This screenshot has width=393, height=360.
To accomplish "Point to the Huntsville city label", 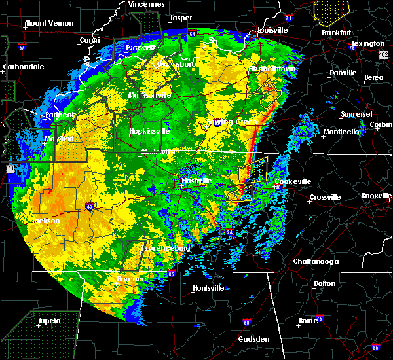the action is [208, 288].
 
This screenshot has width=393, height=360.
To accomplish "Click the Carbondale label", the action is [23, 67].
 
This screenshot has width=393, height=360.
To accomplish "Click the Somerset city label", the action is [356, 115].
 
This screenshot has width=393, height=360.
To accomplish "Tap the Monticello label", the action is [341, 132].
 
